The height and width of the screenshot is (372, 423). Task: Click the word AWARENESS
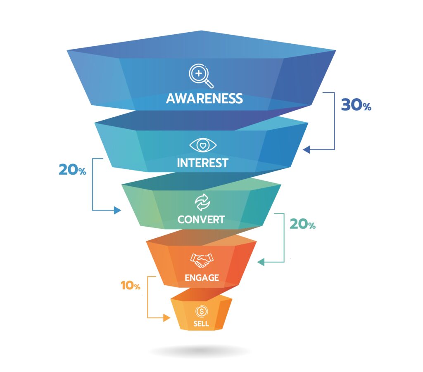pyautogui.click(x=204, y=99)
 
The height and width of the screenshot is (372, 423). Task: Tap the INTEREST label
pyautogui.click(x=202, y=163)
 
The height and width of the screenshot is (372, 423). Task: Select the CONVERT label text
pyautogui.click(x=201, y=219)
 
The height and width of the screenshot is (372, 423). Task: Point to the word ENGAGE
pyautogui.click(x=202, y=278)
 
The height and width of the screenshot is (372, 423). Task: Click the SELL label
pyautogui.click(x=201, y=324)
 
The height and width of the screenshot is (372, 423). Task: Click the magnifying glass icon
pyautogui.click(x=201, y=76)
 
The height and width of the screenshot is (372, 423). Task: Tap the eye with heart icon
pyautogui.click(x=203, y=145)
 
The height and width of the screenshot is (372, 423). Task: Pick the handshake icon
pyautogui.click(x=202, y=261)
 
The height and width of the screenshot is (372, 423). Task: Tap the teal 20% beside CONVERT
pyautogui.click(x=302, y=224)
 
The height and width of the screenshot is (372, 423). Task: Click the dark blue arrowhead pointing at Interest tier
pyautogui.click(x=306, y=149)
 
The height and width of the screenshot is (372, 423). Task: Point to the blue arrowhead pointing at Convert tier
pyautogui.click(x=117, y=210)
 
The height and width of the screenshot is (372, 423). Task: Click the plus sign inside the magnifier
pyautogui.click(x=199, y=73)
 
